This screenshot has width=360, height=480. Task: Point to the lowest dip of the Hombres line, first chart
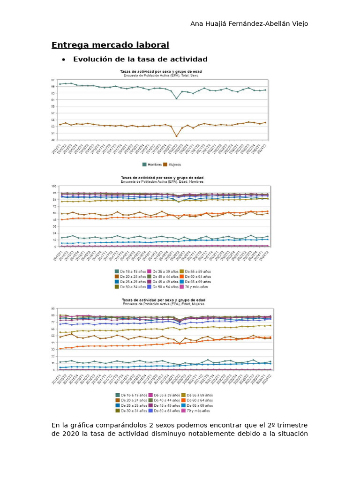click(176, 98)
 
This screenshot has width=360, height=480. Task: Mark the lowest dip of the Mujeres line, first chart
click(176, 136)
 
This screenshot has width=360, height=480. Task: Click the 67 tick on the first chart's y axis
click(53, 80)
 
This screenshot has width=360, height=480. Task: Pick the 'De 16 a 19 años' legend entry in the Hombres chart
click(130, 271)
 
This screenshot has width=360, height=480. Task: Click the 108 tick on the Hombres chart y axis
click(53, 187)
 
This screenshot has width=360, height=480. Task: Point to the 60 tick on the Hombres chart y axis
click(53, 213)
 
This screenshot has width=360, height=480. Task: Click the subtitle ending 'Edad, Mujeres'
click(161, 304)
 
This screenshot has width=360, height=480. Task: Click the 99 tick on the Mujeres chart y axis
click(53, 309)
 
